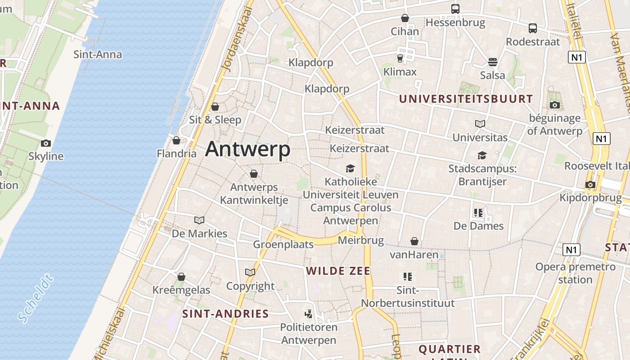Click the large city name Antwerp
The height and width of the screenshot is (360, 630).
point(247,149)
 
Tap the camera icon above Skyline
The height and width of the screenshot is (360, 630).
point(45,144)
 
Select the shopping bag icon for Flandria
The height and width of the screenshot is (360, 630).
point(176,140)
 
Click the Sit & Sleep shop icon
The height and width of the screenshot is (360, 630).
point(215,107)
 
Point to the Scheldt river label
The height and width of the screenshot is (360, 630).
point(36,298)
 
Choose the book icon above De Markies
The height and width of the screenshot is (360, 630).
point(199,220)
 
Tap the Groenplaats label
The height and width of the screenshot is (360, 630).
point(283,244)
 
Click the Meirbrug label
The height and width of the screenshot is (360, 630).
point(360,240)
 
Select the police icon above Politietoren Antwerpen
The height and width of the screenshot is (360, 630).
point(308,314)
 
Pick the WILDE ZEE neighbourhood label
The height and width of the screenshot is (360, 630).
point(338,271)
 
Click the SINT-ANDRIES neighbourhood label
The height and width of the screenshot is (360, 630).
point(225,314)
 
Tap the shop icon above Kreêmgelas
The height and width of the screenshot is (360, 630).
point(181,276)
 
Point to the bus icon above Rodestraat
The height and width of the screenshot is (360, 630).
point(533,28)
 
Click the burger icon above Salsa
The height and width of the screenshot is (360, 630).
point(493,62)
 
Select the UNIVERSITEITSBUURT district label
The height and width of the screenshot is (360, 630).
point(466,99)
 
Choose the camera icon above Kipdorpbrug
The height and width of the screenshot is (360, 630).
point(590,184)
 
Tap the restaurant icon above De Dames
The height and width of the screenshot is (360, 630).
point(478,212)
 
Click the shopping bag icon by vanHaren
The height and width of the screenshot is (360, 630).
point(414,242)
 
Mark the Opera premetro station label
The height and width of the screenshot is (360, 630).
point(575,273)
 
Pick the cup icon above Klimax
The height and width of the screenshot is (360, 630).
point(400,58)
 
